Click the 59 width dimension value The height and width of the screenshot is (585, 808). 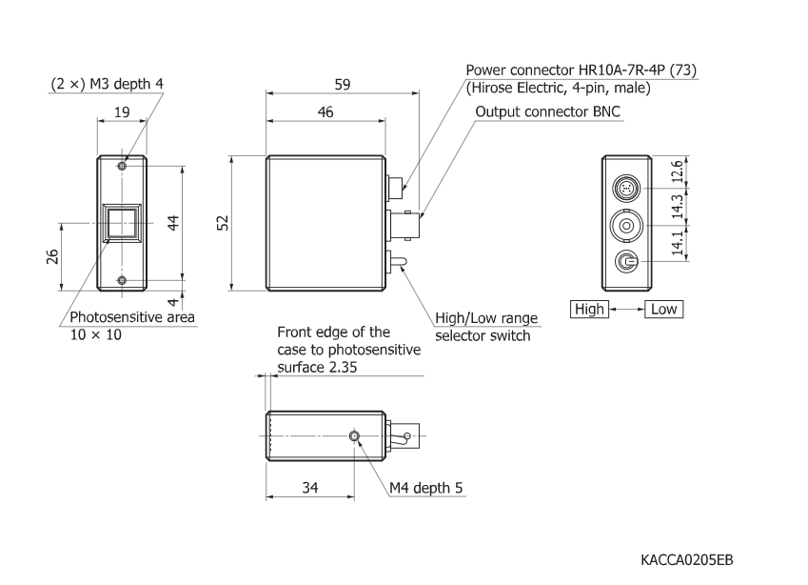pyautogui.click(x=342, y=85)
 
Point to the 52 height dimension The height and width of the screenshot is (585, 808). pyautogui.click(x=221, y=222)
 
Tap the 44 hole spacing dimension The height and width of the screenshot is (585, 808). pyautogui.click(x=173, y=222)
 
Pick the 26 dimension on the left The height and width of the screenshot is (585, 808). pyautogui.click(x=53, y=256)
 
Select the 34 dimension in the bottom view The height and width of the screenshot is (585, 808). pyautogui.click(x=310, y=488)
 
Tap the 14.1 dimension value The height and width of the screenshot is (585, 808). pyautogui.click(x=677, y=245)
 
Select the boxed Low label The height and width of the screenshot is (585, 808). pyautogui.click(x=664, y=309)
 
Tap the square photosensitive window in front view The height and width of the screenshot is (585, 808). pyautogui.click(x=122, y=223)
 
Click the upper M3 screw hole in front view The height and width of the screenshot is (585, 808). pyautogui.click(x=122, y=167)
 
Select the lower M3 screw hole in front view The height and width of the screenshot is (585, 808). pyautogui.click(x=122, y=279)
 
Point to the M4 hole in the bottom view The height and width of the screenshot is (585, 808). pyautogui.click(x=355, y=436)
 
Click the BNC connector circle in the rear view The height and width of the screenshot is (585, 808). pyautogui.click(x=627, y=226)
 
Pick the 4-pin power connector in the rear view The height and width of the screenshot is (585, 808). pyautogui.click(x=627, y=188)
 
